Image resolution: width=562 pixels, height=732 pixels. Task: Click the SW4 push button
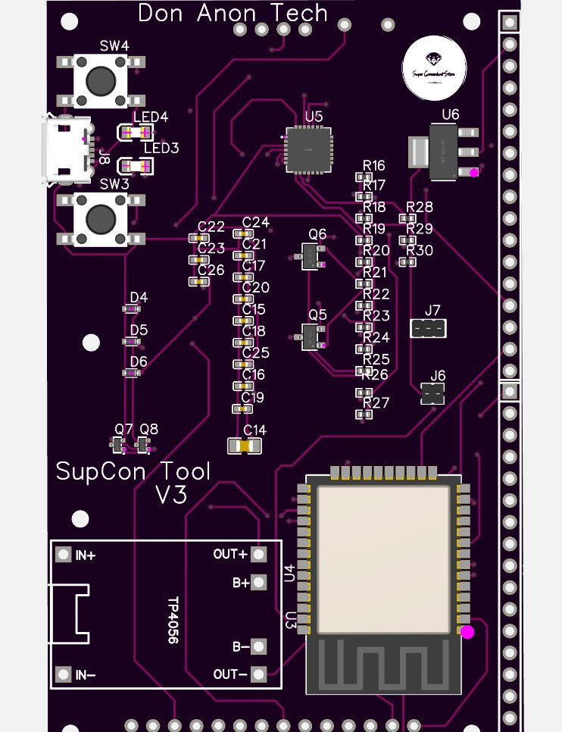tap(100, 79)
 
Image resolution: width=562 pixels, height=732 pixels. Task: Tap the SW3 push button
tap(100, 219)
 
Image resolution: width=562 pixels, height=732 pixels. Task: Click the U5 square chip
tap(308, 149)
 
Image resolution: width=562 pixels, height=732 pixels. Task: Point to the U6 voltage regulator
tap(448, 152)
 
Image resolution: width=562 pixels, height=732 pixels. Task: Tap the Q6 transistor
tap(312, 256)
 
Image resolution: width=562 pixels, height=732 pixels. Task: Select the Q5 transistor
tap(312, 336)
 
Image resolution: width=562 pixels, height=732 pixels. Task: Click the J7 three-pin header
tap(429, 328)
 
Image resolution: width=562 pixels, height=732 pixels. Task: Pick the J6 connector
tap(432, 393)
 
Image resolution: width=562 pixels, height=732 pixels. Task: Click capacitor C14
tap(242, 446)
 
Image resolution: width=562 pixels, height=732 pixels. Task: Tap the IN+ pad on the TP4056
tap(64, 555)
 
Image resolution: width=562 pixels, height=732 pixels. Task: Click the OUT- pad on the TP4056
tap(259, 674)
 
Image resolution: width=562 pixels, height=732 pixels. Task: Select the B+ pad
tap(259, 583)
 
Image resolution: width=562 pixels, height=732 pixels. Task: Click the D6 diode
tap(132, 373)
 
